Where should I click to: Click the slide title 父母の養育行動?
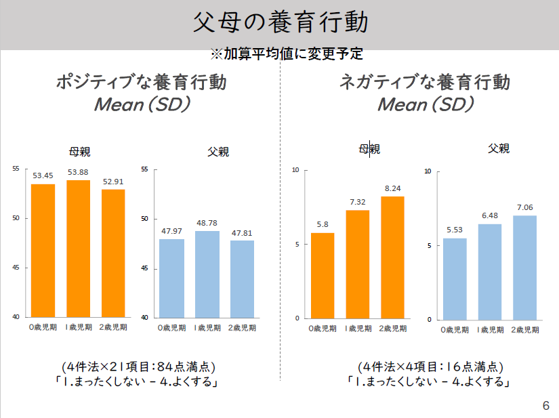[x=281, y=22]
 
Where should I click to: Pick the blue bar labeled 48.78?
[x=207, y=274]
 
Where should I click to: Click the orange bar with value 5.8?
[x=322, y=276]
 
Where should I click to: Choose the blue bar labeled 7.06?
[x=524, y=268]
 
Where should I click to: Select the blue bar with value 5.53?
[x=455, y=279]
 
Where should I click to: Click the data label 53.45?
[x=43, y=175]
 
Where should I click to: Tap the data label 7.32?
[x=357, y=202]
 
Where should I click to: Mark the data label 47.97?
[x=172, y=231]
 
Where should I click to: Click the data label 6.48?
[x=489, y=215]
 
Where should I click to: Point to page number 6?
[x=545, y=406]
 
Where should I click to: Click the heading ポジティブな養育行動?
[x=141, y=83]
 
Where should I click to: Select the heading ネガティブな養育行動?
[x=425, y=83]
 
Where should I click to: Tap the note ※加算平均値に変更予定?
[x=286, y=54]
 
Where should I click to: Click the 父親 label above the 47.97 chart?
[x=218, y=152]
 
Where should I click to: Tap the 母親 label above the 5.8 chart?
[x=369, y=149]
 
